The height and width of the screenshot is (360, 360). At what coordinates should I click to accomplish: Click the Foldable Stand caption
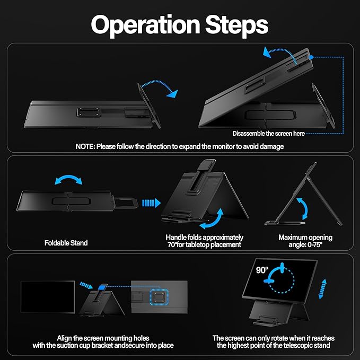click(66, 243)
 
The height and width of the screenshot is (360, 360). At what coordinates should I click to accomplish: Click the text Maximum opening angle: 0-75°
click(305, 241)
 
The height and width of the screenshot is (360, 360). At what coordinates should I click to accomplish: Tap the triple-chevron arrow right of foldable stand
click(151, 202)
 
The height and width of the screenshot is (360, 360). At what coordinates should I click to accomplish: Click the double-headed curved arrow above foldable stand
click(70, 181)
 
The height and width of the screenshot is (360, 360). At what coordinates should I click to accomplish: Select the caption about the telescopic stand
click(273, 341)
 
